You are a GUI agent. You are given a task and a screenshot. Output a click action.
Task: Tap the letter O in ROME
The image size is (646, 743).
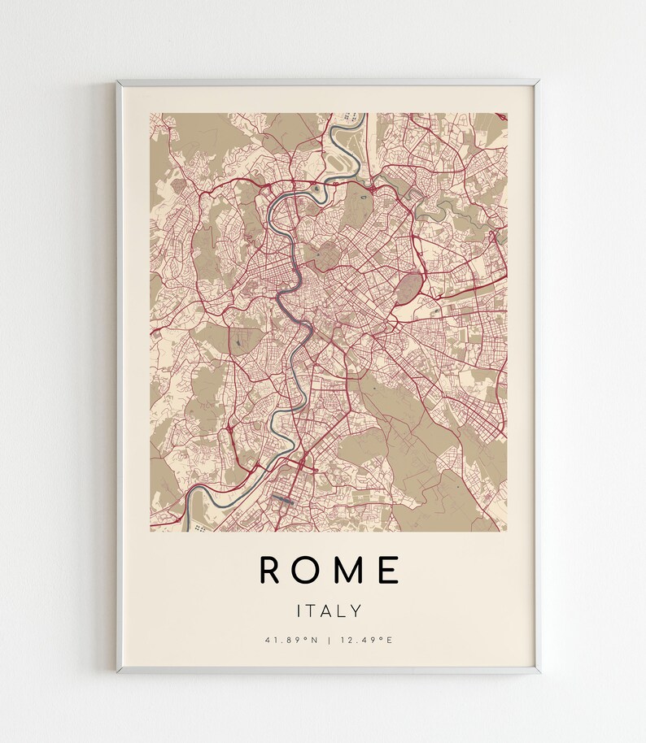tap(308, 570)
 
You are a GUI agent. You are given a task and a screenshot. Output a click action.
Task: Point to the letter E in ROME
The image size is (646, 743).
tap(389, 570)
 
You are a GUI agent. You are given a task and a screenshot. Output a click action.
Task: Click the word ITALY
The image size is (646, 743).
tap(330, 610)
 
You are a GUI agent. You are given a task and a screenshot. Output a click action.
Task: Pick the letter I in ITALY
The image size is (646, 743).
tap(299, 610)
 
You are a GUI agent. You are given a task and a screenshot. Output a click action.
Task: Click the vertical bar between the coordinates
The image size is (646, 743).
tap(329, 640)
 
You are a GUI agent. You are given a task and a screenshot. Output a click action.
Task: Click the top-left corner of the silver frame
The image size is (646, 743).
tap(119, 81)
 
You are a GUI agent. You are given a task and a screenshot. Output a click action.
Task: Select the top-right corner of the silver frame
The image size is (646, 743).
tap(537, 81)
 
